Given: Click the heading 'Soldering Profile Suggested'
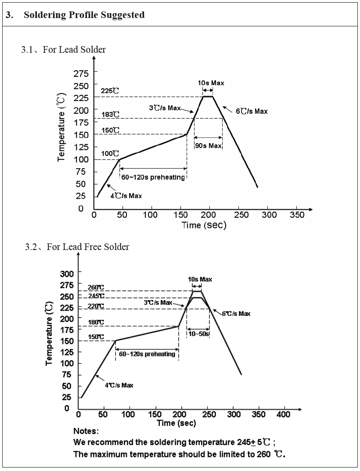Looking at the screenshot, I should pyautogui.click(x=84, y=15).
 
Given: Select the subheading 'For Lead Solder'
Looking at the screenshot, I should pyautogui.click(x=74, y=50).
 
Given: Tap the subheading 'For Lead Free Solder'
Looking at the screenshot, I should pyautogui.click(x=88, y=247).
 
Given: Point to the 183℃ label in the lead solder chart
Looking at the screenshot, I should pyautogui.click(x=110, y=115).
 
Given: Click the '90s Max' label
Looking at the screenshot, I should pyautogui.click(x=208, y=146).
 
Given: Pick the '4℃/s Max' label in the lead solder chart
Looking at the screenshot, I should pyautogui.click(x=126, y=196).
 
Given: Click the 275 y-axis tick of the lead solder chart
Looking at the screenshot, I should pyautogui.click(x=81, y=73).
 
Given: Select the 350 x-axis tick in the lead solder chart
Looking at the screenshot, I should pyautogui.click(x=297, y=215).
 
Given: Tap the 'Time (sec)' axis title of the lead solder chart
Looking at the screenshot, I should pyautogui.click(x=204, y=225).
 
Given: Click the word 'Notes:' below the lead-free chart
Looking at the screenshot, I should pyautogui.click(x=86, y=431).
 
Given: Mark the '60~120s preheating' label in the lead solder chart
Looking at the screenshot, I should pyautogui.click(x=153, y=178).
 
